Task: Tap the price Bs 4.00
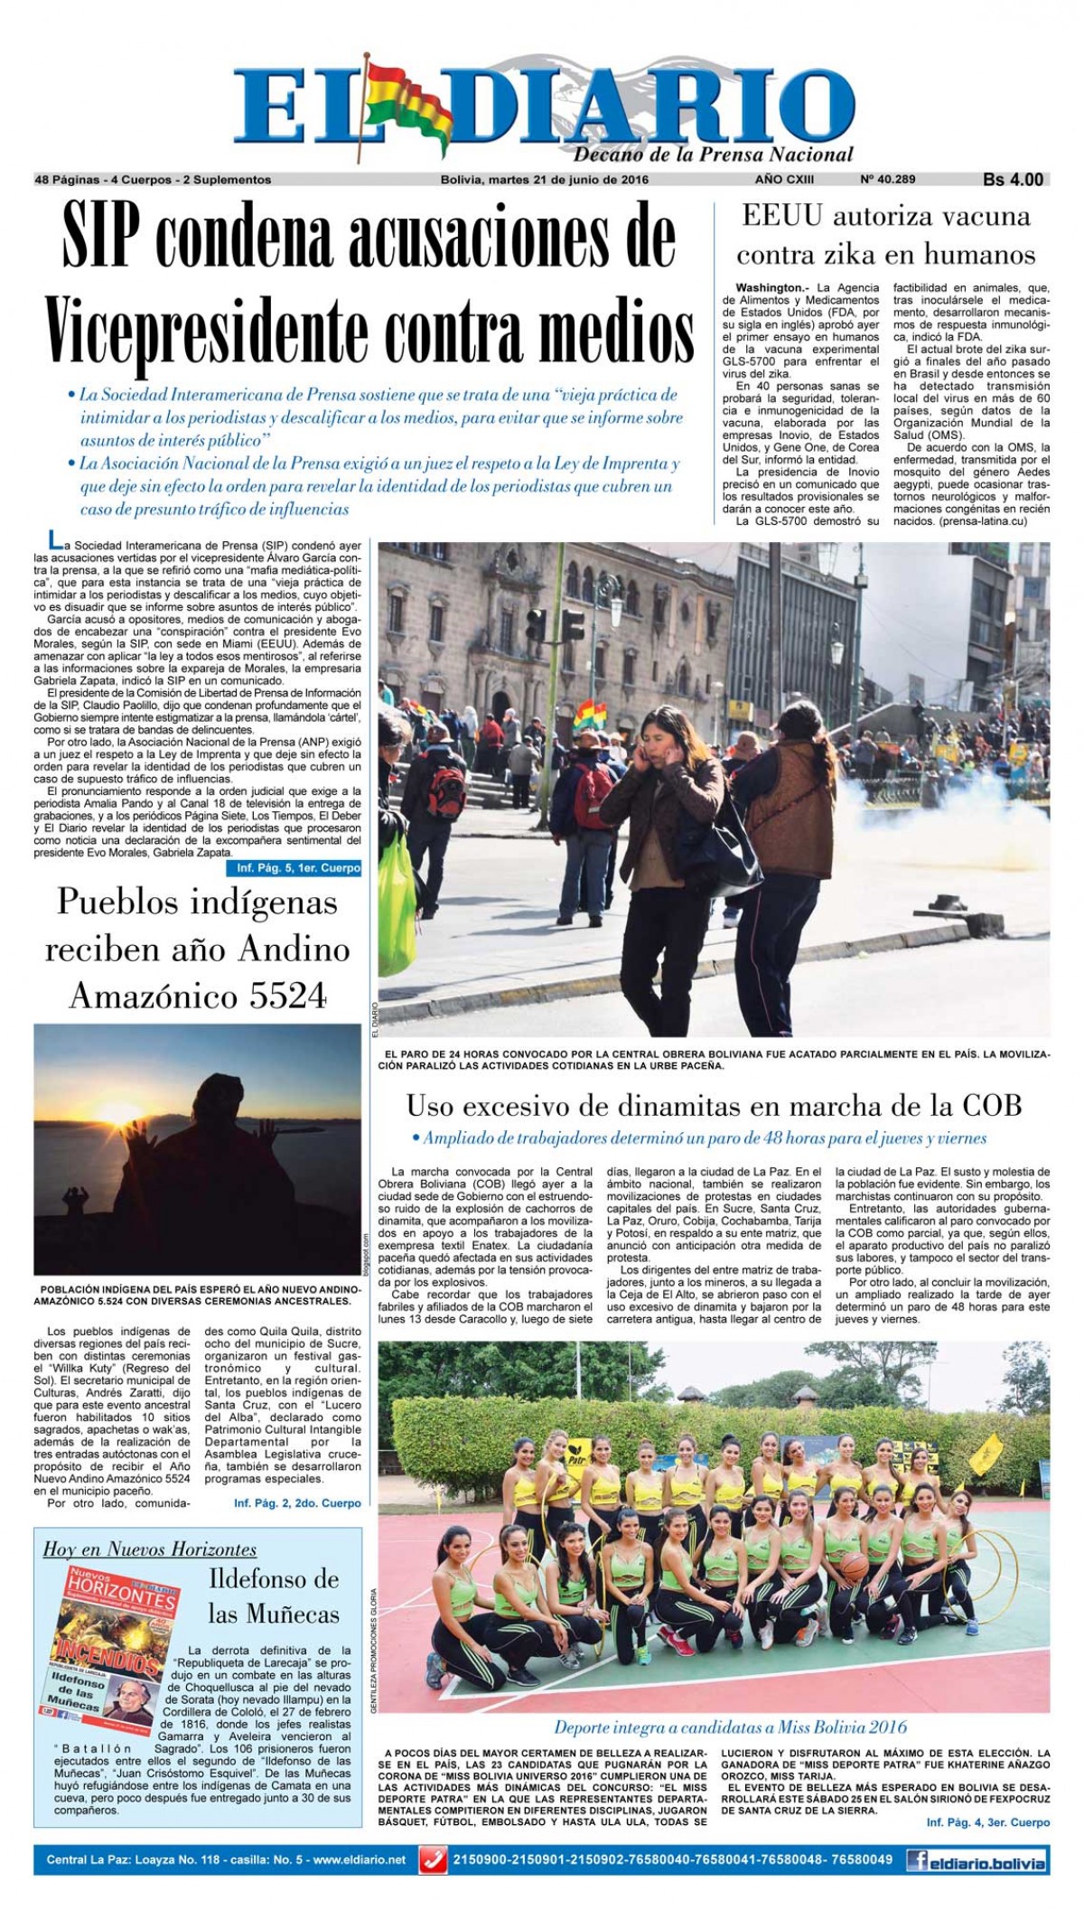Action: click(1013, 180)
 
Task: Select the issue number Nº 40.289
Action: click(888, 179)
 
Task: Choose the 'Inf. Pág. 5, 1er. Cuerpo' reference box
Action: click(294, 869)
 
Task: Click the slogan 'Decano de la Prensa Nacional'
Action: click(714, 154)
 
